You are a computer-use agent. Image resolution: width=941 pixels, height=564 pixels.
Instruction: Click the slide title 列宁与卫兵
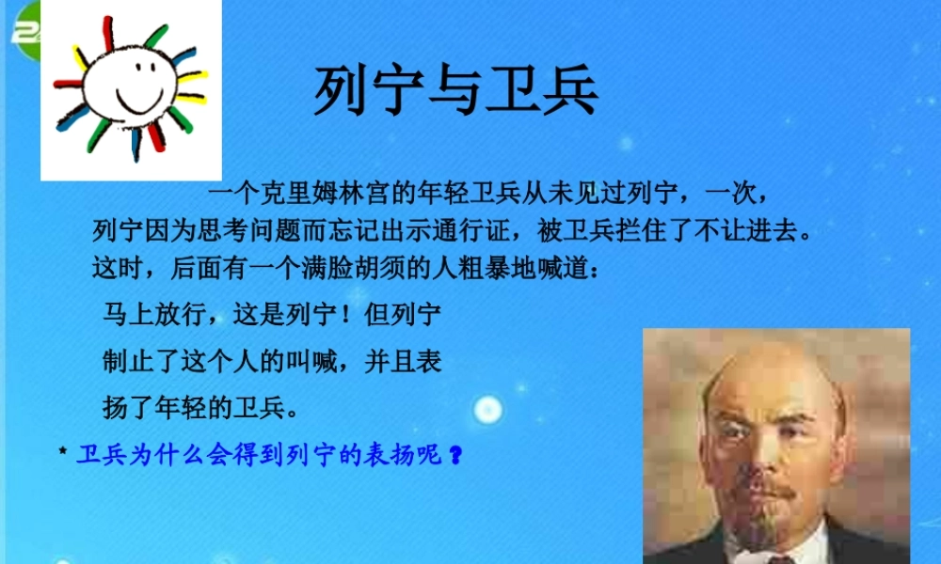coord(455,91)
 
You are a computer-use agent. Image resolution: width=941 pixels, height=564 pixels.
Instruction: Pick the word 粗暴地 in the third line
coord(498,268)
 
